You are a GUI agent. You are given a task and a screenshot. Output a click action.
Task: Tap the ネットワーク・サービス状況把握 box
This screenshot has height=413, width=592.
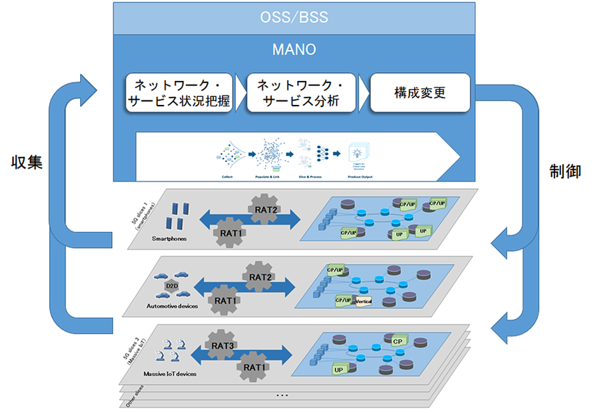[x=179, y=92]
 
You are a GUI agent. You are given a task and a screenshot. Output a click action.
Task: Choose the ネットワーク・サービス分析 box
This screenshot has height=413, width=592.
[x=302, y=92]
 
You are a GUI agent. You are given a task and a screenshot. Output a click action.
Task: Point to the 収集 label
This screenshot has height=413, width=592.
[x=27, y=163]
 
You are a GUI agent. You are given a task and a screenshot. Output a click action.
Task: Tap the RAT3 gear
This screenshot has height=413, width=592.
[x=221, y=346]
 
